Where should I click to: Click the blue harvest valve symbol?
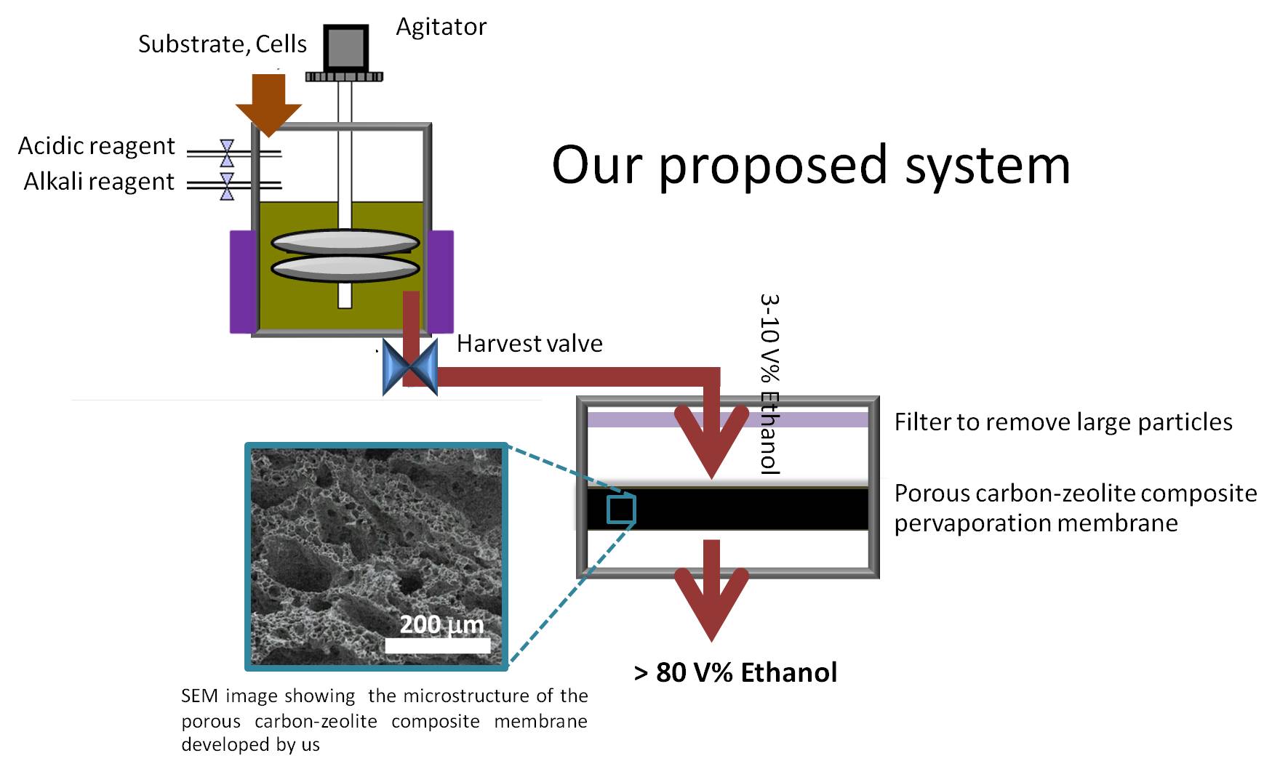pos(410,366)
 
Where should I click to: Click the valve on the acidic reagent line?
pos(227,153)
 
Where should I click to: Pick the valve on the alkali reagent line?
pos(227,186)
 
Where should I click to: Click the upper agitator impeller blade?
pos(345,241)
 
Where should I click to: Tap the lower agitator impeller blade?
pos(345,268)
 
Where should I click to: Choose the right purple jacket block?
pos(440,281)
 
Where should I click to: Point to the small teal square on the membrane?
pos(621,510)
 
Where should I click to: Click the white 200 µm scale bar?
pos(437,645)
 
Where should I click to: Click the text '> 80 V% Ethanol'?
pos(735,672)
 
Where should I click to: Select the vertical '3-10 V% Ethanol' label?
pos(769,383)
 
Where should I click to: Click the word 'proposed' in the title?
pos(773,166)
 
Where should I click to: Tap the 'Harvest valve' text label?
pos(529,343)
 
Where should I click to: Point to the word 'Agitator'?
pos(441,27)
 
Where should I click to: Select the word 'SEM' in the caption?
pos(199,696)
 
